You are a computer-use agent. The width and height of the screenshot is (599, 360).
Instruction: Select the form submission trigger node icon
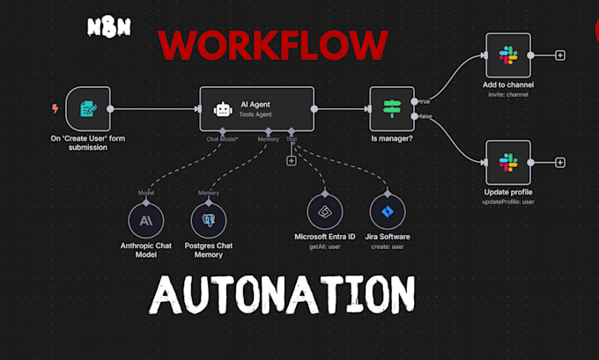click(x=88, y=108)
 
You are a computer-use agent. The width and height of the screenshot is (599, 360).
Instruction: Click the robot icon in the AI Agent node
click(x=223, y=109)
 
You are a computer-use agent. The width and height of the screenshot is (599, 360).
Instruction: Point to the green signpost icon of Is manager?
click(x=391, y=109)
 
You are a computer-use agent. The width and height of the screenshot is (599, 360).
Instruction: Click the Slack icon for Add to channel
click(x=508, y=55)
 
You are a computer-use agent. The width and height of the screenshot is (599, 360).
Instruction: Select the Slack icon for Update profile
click(x=508, y=163)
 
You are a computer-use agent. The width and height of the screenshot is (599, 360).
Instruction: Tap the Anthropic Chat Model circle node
click(x=146, y=218)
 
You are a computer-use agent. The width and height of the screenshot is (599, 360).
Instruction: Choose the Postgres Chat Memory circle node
click(x=209, y=218)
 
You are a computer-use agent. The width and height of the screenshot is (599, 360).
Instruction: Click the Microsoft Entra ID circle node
click(x=325, y=212)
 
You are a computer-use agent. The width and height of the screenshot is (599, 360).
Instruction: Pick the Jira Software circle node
click(x=387, y=212)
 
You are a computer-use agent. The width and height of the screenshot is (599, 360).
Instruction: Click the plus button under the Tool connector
click(x=291, y=160)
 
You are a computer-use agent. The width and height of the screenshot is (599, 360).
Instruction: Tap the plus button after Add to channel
click(x=560, y=55)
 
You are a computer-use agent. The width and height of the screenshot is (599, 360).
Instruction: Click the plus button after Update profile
click(x=560, y=163)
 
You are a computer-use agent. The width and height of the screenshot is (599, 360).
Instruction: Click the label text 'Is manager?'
click(x=392, y=139)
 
